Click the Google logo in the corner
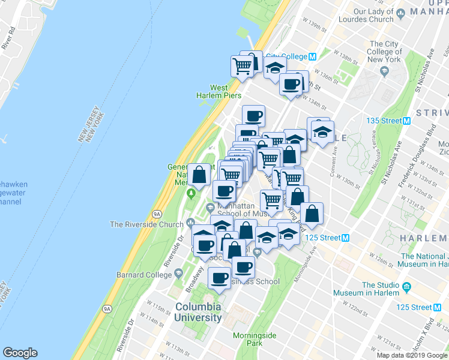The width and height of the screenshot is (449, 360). [x=20, y=352]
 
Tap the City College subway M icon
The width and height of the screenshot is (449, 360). [x=312, y=57]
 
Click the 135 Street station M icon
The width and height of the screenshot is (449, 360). [x=407, y=121]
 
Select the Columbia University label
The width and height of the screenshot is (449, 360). [x=198, y=313]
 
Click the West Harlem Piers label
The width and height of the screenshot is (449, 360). [x=218, y=91]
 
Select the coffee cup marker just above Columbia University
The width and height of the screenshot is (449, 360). [x=219, y=278]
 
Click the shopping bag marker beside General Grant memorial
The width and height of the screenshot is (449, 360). [x=199, y=175]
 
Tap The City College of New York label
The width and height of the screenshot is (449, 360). [x=385, y=52]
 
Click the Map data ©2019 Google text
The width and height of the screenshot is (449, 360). [x=412, y=355]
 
